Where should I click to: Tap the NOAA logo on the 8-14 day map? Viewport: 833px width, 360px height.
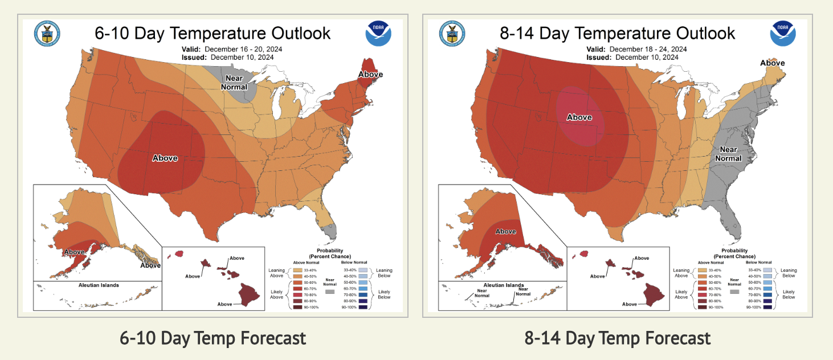783,33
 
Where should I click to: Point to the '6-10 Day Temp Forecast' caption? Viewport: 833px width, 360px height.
213,338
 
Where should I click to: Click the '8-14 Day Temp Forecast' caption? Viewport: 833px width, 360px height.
618,338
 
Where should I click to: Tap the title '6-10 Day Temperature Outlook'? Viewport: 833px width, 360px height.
213,33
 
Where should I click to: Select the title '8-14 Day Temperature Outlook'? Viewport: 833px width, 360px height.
618,33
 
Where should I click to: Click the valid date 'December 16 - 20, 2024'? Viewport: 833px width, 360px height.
243,49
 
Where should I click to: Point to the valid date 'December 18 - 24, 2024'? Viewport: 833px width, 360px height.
648,49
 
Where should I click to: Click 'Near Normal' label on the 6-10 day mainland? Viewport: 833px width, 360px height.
236,83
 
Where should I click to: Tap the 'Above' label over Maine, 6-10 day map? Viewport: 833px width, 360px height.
370,75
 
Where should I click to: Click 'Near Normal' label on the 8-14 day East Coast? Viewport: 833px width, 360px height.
728,154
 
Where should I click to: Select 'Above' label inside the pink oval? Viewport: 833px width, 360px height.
579,117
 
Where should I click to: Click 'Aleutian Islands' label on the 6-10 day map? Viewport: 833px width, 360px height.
97,285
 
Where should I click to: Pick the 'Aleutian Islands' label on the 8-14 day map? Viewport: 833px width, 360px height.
503,285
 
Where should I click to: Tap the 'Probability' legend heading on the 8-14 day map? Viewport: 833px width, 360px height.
734,251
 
